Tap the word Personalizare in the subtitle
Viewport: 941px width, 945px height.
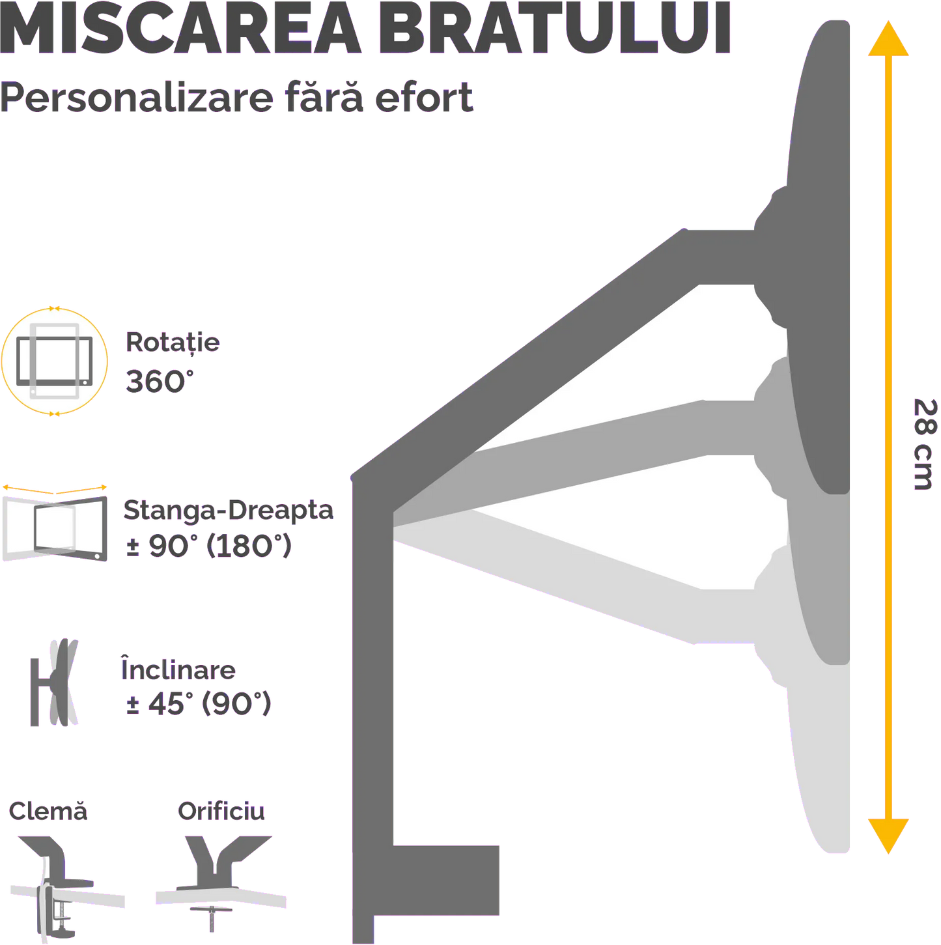pos(137,98)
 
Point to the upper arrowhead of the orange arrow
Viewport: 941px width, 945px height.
pos(888,39)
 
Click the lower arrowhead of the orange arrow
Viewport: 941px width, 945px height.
pos(888,835)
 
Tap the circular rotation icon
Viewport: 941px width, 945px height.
pos(55,361)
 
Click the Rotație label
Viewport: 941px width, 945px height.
pos(173,343)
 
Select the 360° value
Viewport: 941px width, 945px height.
pos(159,381)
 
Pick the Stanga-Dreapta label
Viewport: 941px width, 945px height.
pos(228,510)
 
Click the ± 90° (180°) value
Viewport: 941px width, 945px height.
pos(209,546)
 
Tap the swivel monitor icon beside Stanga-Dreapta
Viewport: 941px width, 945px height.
pos(55,525)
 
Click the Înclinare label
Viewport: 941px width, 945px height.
pos(178,669)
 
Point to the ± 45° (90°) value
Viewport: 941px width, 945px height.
pos(198,703)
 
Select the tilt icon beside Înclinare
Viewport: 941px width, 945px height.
pos(54,682)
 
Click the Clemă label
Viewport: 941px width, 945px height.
pos(48,811)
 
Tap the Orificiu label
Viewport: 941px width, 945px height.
pos(221,811)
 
